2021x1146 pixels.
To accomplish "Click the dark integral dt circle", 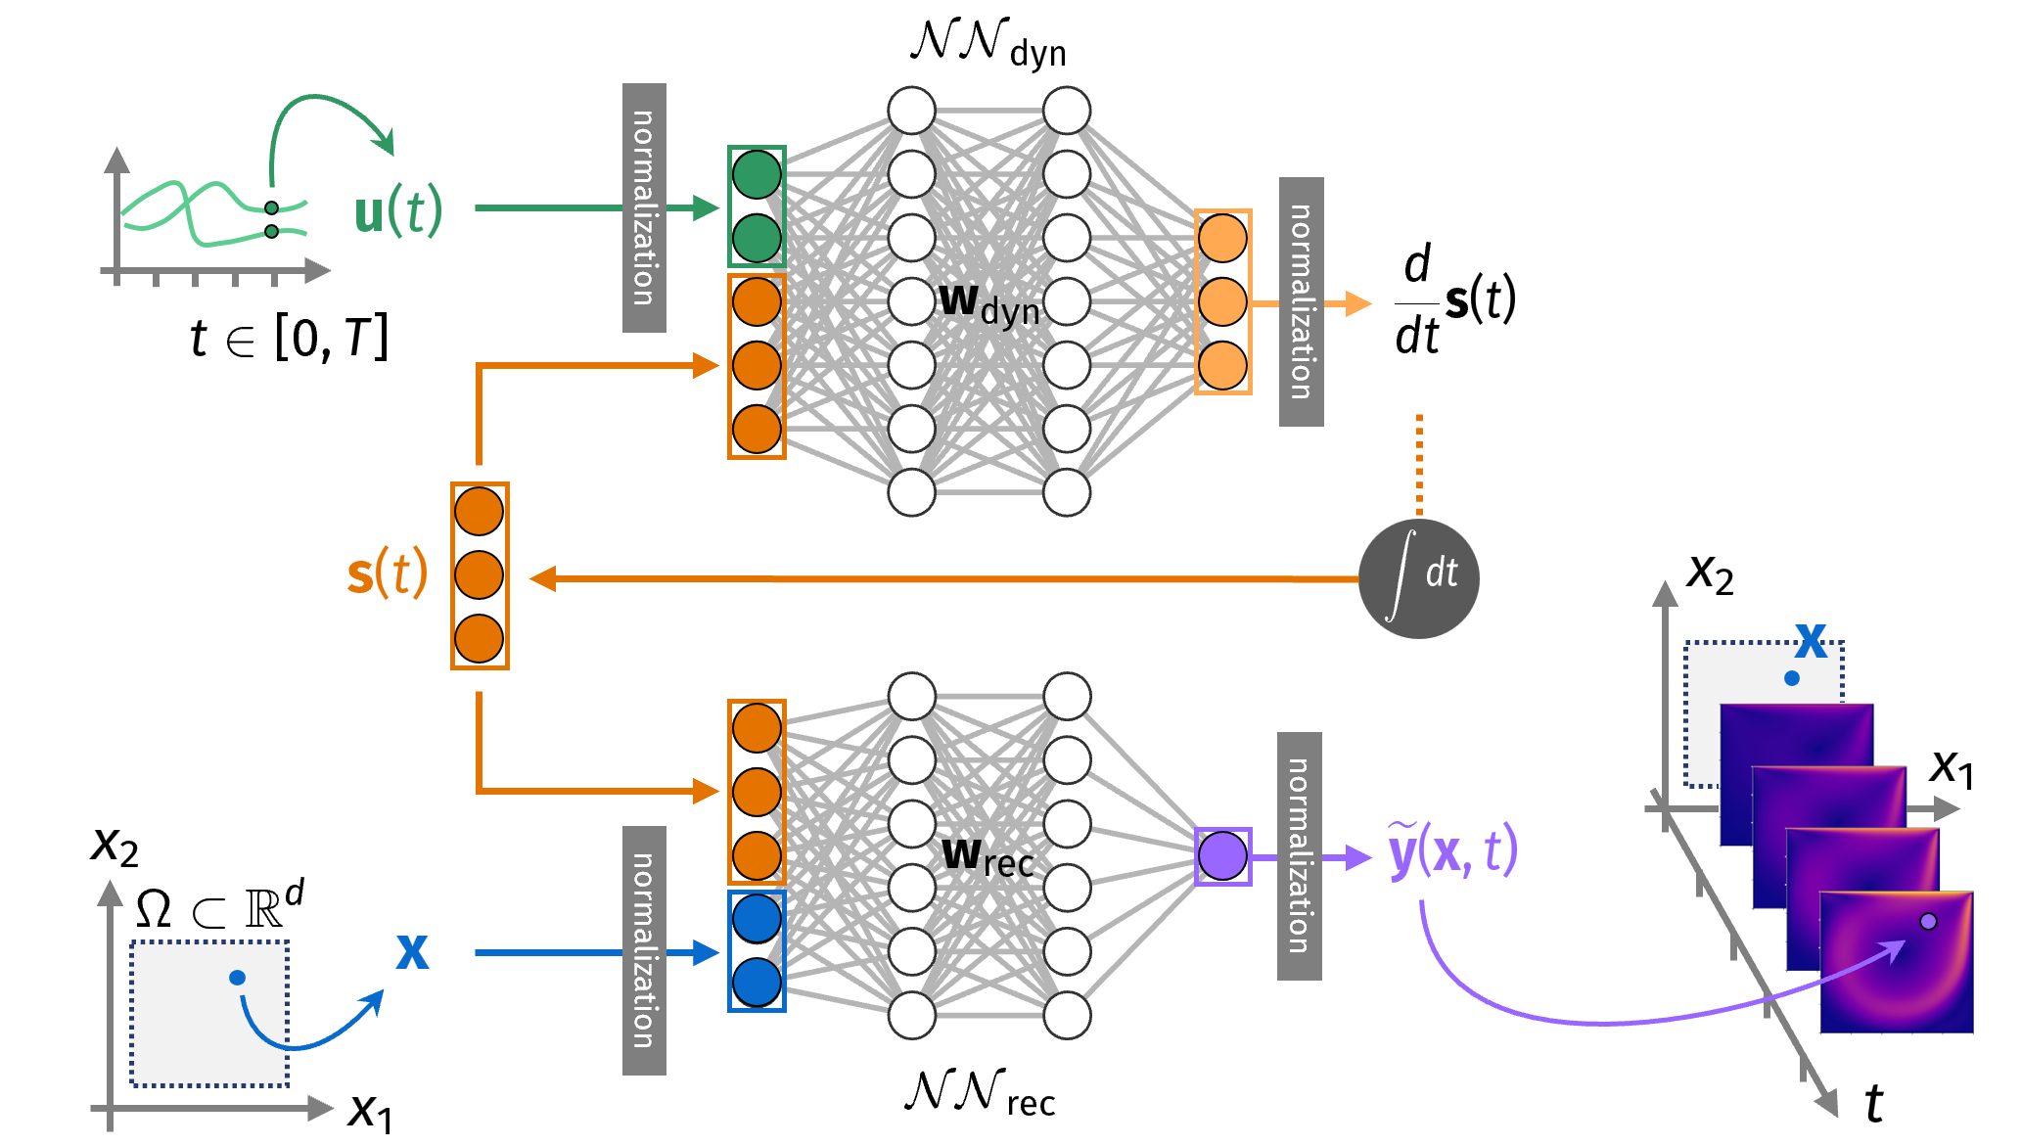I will pos(1418,578).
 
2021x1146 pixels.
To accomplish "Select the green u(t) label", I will pos(397,210).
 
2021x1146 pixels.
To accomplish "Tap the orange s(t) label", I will pos(388,573).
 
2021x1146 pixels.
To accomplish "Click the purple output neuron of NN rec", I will pos(1222,856).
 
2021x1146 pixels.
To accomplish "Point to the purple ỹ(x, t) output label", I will pos(1452,850).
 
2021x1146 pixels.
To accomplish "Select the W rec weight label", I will pos(987,856).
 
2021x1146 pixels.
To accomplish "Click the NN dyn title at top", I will pos(988,44).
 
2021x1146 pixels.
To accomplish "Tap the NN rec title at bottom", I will pos(980,1093).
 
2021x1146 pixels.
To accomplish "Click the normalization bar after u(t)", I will pos(644,207).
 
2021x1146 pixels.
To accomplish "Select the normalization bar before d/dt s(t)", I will pos(1301,301).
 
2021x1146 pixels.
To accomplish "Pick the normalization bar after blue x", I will pos(644,950).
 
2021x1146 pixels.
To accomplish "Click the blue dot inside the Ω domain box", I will pos(237,977).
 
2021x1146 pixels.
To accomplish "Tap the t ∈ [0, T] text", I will pos(290,339).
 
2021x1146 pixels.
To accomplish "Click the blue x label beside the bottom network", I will pos(412,950).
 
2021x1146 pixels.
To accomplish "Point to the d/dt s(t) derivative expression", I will pos(1454,300).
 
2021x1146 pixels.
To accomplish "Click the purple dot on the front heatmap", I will pos(1928,921).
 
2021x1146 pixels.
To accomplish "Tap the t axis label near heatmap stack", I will pos(1873,1104).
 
